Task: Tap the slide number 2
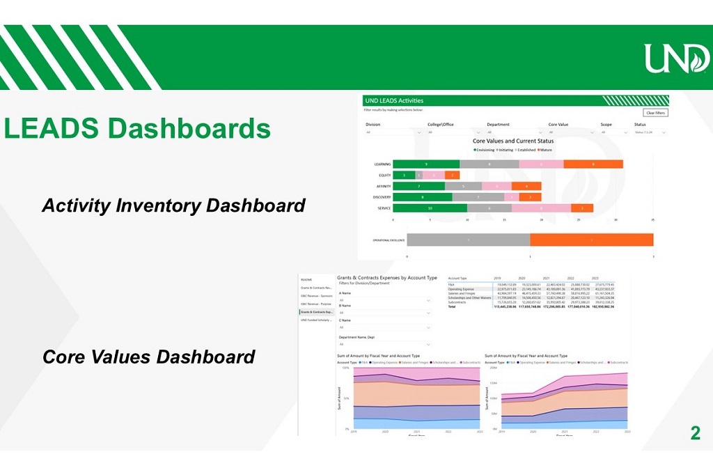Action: (694, 433)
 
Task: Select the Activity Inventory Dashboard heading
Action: (173, 205)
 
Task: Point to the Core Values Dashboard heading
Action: (148, 357)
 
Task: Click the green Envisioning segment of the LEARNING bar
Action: (425, 164)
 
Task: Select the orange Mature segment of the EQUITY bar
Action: (452, 176)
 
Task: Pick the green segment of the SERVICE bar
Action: (430, 208)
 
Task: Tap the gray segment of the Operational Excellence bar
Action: (468, 240)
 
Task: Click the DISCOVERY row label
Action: (382, 197)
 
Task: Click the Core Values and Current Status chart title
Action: (513, 141)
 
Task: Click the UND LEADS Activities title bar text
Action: (394, 101)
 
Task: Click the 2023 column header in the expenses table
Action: (595, 277)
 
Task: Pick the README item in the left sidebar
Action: (306, 279)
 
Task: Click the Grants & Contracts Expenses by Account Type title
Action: (387, 277)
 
